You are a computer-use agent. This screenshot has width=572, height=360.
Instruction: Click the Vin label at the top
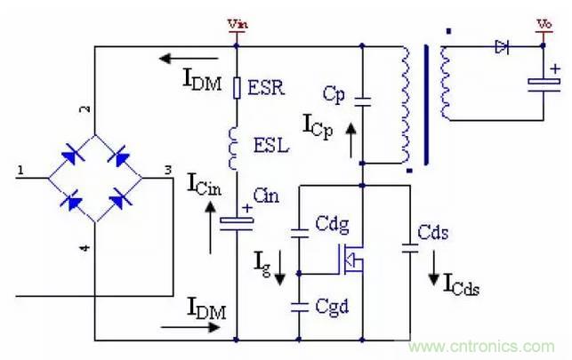(x=236, y=24)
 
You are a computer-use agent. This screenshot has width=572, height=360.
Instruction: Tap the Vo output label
(x=542, y=24)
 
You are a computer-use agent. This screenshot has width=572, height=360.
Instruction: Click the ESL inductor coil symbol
(x=237, y=145)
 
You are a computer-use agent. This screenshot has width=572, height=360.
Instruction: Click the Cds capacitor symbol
(x=410, y=248)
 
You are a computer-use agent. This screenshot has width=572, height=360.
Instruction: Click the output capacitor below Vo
(x=542, y=84)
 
